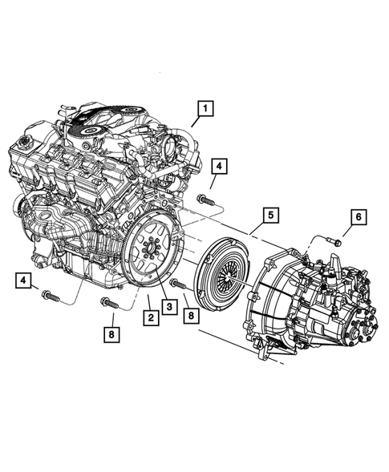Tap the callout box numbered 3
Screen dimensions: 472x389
tap(169, 305)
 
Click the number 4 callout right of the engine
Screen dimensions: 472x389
tap(220, 167)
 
